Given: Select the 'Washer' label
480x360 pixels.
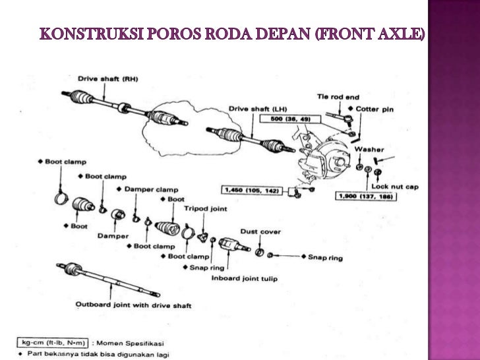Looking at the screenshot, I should pyautogui.click(x=369, y=149).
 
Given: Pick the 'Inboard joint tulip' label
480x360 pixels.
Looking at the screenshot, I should pyautogui.click(x=244, y=278).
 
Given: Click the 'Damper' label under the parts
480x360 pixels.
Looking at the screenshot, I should pyautogui.click(x=113, y=235).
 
